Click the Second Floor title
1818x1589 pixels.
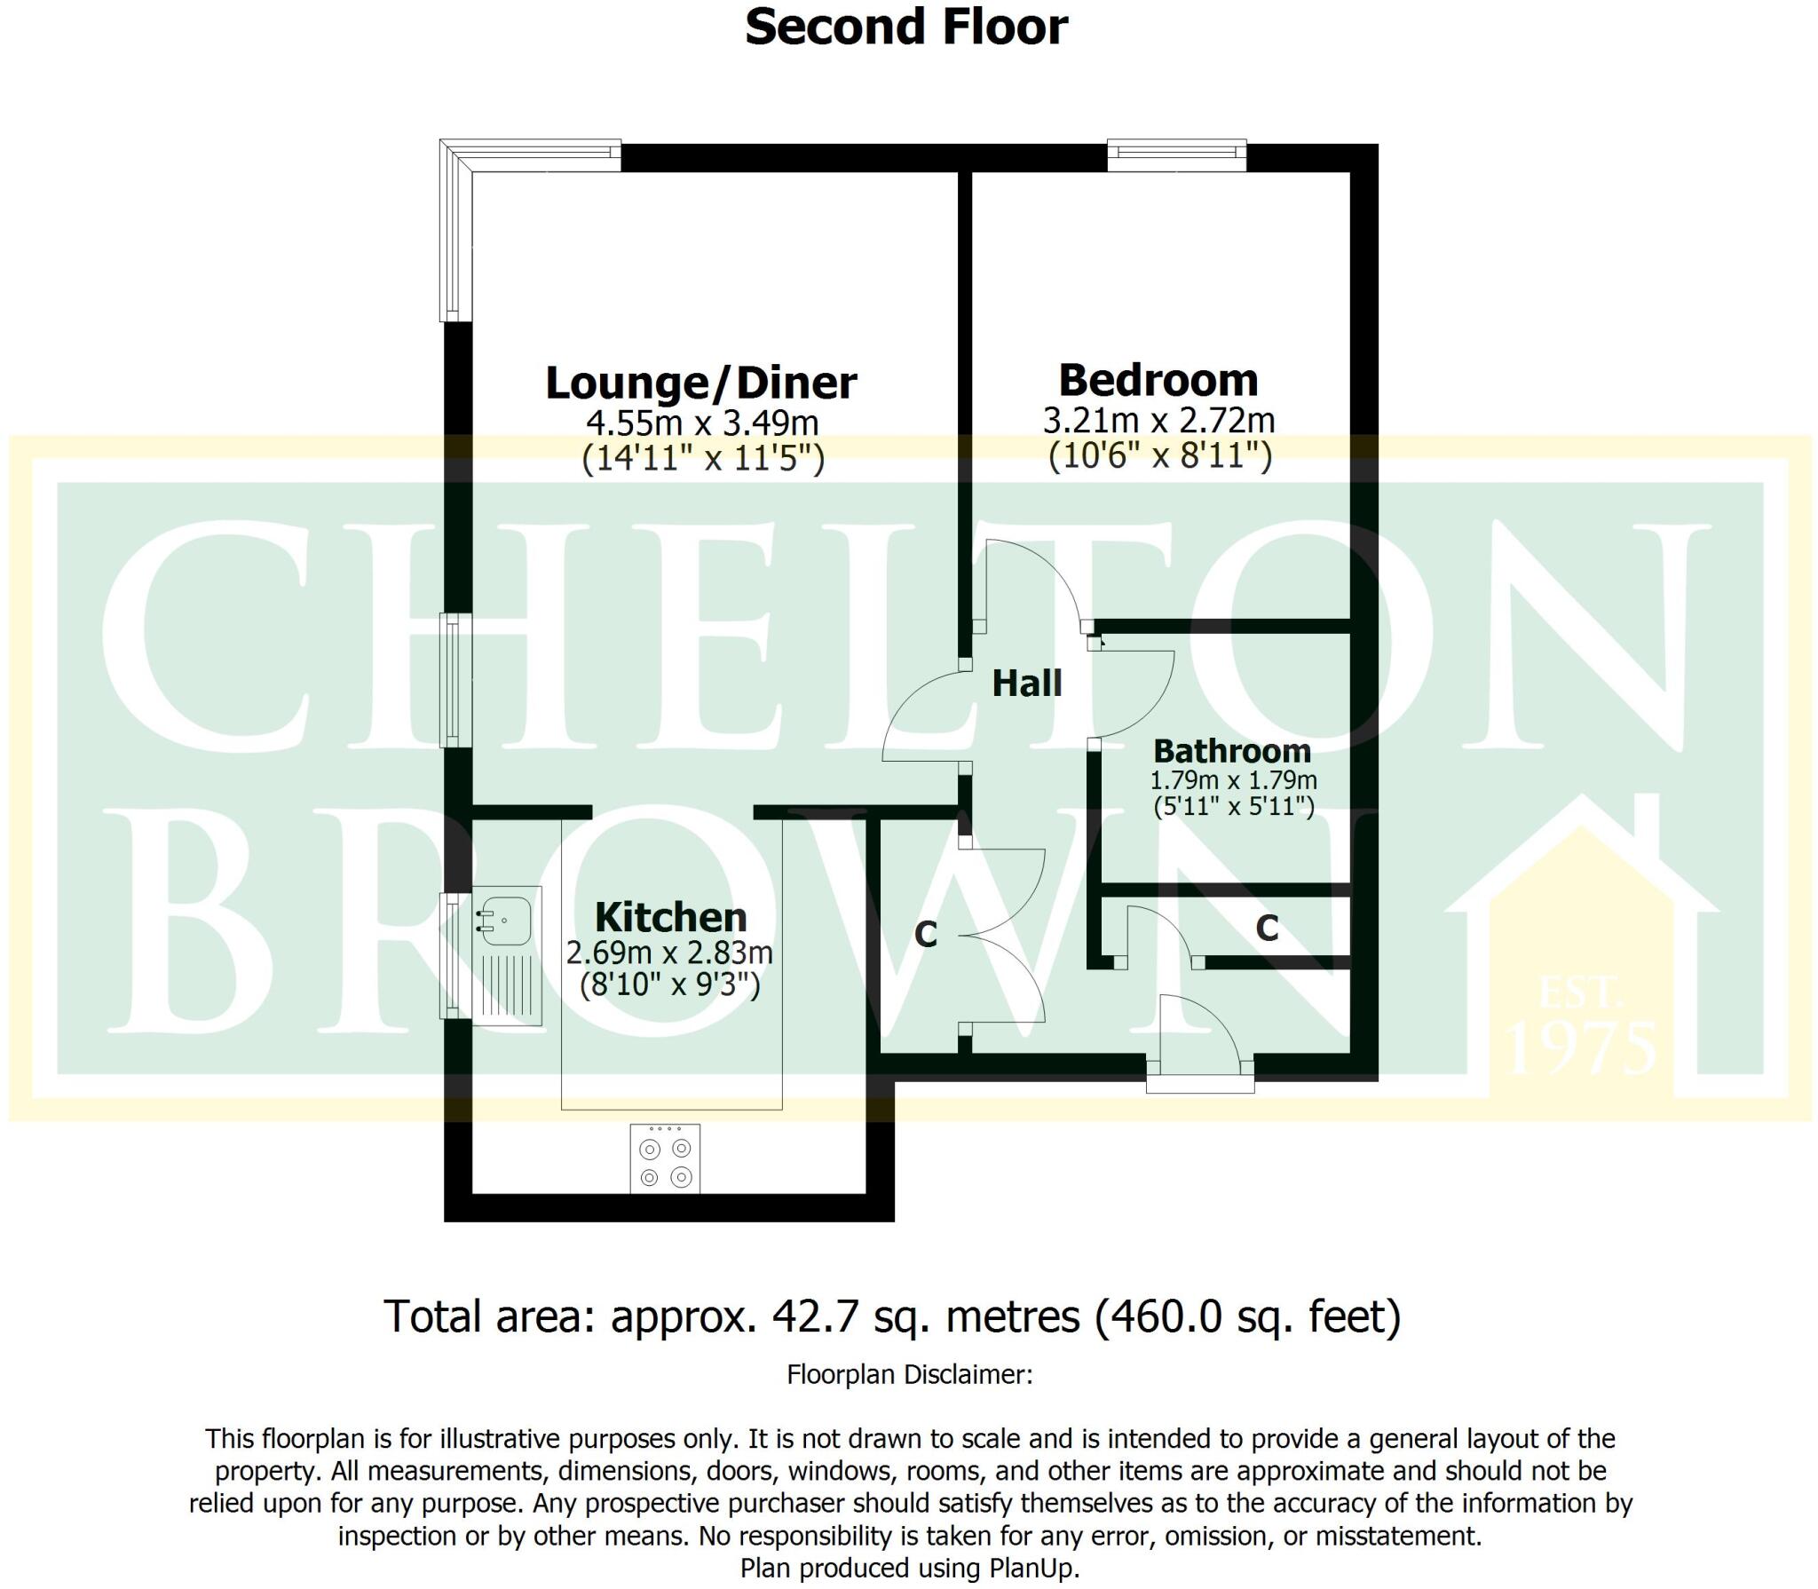pos(906,28)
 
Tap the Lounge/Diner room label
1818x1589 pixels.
pos(700,383)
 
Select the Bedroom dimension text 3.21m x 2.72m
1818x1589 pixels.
pos(1158,420)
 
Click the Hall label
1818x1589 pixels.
pos(1027,684)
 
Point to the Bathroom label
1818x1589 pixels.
pos(1232,751)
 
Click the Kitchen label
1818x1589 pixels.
pos(670,917)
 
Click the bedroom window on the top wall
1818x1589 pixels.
pos(1177,155)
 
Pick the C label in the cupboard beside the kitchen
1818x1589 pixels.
pos(926,934)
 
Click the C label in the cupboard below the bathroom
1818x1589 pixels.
pos(1267,929)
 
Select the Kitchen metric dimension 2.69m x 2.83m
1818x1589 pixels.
pos(669,953)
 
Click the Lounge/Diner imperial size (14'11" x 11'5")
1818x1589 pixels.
pos(703,459)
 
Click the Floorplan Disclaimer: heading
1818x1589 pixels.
pos(909,1375)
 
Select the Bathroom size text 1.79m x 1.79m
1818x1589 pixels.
pos(1233,780)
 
